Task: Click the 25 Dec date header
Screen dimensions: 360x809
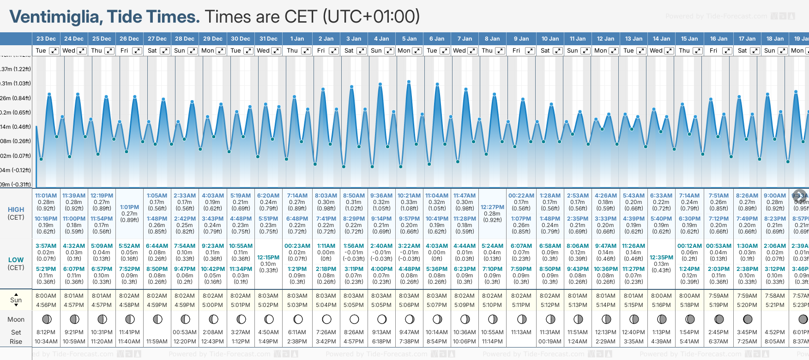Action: coord(102,39)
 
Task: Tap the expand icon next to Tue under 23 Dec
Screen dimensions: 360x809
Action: coord(54,51)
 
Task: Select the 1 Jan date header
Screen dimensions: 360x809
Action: coord(297,39)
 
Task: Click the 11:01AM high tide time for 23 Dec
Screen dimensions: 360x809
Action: coord(46,196)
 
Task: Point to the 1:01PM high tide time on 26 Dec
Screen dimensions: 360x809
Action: coord(129,207)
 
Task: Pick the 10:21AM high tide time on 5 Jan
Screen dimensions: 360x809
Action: coord(409,196)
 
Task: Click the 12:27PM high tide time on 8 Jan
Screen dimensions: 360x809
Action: coord(492,207)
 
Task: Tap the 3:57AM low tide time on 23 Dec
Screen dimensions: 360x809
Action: coord(46,246)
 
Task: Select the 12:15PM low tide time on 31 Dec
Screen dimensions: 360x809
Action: coord(268,258)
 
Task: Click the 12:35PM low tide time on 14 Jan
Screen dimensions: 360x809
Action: coord(661,258)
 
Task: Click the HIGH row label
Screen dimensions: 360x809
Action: coord(16,210)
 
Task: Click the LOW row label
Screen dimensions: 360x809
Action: coord(16,260)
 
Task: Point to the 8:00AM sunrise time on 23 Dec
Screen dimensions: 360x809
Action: coord(46,296)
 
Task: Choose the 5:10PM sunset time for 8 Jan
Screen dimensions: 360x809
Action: coord(492,305)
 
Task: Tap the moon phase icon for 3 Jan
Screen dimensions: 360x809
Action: coord(354,319)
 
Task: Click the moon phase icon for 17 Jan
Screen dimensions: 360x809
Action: coord(747,319)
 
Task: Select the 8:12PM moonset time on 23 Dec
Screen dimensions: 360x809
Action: coord(46,332)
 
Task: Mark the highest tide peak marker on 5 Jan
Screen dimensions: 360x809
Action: coord(409,82)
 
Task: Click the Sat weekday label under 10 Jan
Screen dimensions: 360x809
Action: coord(545,51)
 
